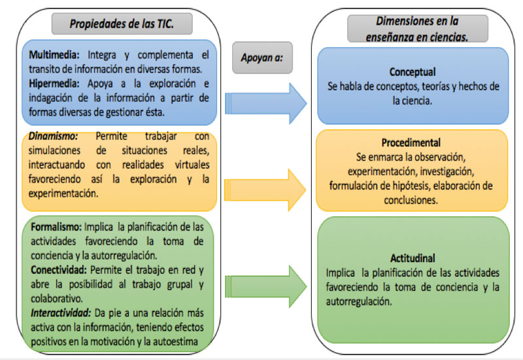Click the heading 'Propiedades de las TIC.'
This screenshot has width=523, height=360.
coord(122,24)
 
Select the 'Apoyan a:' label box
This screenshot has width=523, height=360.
coord(262,57)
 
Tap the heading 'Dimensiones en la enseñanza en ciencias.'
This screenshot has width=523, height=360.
coord(417,29)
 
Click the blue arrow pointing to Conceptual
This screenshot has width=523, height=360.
coord(265,103)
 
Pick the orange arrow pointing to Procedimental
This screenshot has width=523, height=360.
coord(265,190)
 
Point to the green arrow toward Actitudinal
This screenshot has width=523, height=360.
coord(265,286)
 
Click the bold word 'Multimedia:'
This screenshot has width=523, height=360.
coord(54,55)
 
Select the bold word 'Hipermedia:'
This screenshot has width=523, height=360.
coord(54,84)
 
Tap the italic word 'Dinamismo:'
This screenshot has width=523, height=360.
coord(53,136)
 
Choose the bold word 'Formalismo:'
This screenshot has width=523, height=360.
coord(56,227)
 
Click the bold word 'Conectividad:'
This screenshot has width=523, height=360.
coord(59,270)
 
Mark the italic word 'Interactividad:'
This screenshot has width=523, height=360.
coord(61,313)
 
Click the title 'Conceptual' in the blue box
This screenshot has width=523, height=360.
coord(413,72)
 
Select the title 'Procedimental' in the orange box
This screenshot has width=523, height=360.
coord(411,143)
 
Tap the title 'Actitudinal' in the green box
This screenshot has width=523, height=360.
coord(413,258)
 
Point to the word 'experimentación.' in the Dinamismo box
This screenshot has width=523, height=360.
coord(63,193)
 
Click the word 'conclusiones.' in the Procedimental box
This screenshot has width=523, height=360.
coord(411,201)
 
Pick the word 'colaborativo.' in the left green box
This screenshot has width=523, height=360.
coord(57,299)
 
